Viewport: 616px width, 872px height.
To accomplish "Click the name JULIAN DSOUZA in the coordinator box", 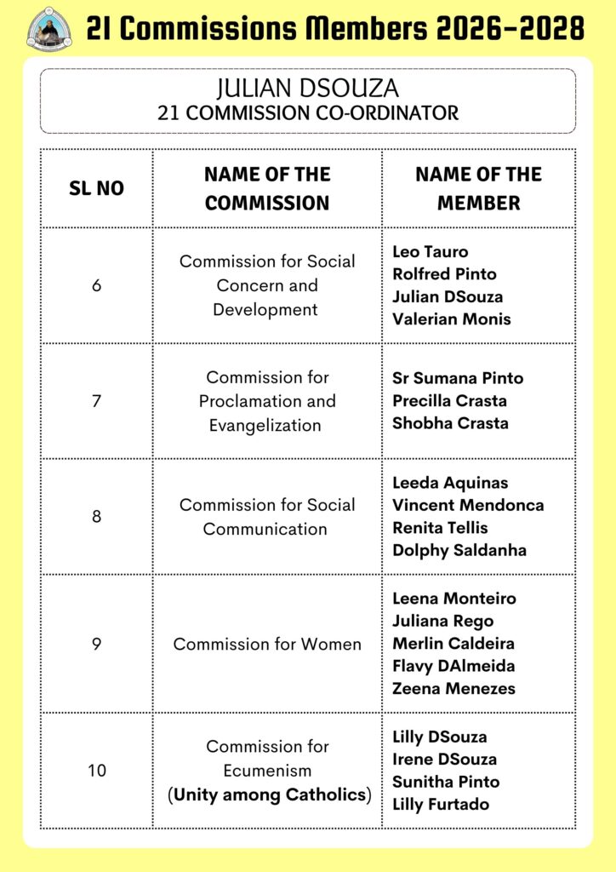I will pyautogui.click(x=307, y=88).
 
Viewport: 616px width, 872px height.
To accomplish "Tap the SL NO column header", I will pyautogui.click(x=96, y=188).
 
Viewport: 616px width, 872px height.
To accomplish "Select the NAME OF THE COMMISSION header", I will pyautogui.click(x=267, y=188).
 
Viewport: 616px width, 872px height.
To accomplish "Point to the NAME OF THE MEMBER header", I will pyautogui.click(x=478, y=188).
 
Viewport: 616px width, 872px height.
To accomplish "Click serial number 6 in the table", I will pyautogui.click(x=96, y=285).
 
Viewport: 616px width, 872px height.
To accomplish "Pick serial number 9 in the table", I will pyautogui.click(x=96, y=644).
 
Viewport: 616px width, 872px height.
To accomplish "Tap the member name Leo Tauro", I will pyautogui.click(x=431, y=251).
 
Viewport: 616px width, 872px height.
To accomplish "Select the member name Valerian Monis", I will pyautogui.click(x=452, y=319).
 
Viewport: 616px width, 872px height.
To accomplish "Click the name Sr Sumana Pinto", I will pyautogui.click(x=458, y=378).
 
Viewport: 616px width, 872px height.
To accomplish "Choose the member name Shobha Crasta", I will pyautogui.click(x=450, y=423).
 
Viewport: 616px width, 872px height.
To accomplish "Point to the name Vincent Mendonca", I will pyautogui.click(x=468, y=505).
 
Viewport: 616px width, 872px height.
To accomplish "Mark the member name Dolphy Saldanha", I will pyautogui.click(x=459, y=550).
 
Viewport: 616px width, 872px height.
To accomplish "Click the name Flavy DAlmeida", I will pyautogui.click(x=453, y=666).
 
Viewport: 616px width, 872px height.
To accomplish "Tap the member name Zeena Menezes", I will pyautogui.click(x=453, y=688).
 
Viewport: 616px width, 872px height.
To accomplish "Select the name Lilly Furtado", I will pyautogui.click(x=441, y=804).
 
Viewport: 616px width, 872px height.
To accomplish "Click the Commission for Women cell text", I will pyautogui.click(x=267, y=644).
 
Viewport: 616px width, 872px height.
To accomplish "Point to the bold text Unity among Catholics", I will pyautogui.click(x=271, y=795).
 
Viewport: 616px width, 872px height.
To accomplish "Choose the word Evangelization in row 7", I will pyautogui.click(x=265, y=425).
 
